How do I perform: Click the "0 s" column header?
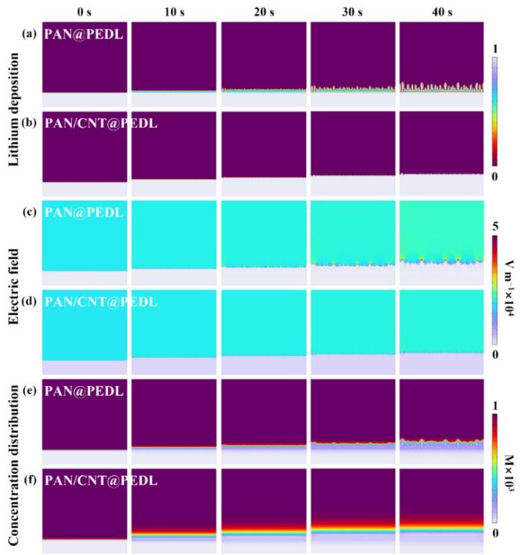click(84, 10)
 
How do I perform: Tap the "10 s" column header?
click(173, 10)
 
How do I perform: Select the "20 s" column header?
click(263, 10)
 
